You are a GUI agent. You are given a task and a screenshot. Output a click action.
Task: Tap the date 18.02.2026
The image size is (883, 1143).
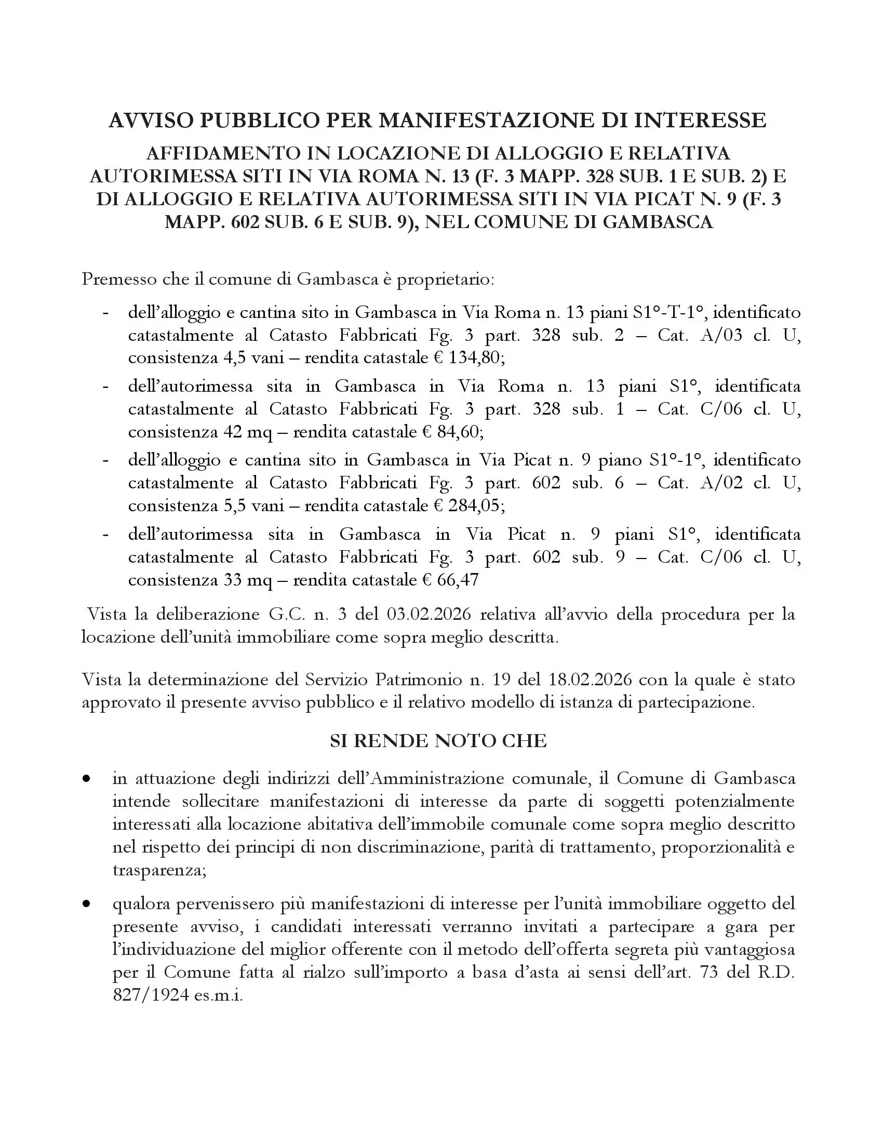pyautogui.click(x=591, y=680)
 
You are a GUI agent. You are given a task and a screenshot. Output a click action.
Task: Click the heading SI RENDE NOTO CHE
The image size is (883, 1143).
pyautogui.click(x=438, y=741)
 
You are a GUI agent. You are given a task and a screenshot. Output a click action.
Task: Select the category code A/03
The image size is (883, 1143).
pyautogui.click(x=721, y=335)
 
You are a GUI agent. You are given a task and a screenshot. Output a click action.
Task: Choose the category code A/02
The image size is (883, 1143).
pyautogui.click(x=721, y=483)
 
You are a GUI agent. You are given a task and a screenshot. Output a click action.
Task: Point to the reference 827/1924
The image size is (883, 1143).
pyautogui.click(x=151, y=995)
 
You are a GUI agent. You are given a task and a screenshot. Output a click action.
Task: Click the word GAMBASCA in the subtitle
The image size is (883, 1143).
pyautogui.click(x=658, y=222)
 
